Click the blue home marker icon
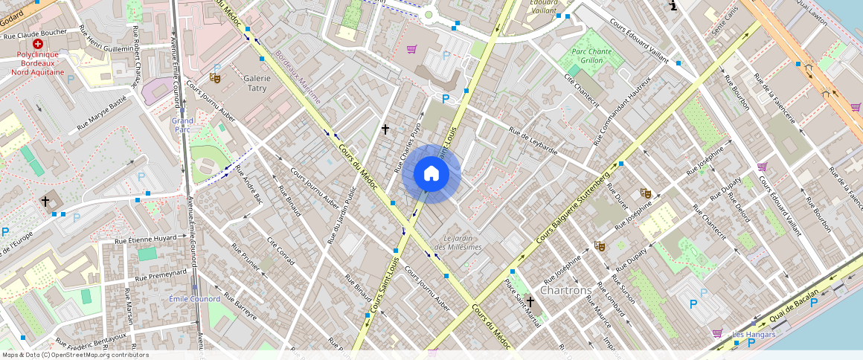point(431,174)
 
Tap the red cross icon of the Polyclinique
point(38,45)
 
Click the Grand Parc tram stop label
point(182,124)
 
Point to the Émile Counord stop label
point(193,299)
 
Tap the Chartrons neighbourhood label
point(566,290)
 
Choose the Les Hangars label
point(754,334)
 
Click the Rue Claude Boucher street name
point(35,34)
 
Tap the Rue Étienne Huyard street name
point(146,240)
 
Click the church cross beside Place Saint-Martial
point(530,301)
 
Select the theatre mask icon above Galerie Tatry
point(216,77)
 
